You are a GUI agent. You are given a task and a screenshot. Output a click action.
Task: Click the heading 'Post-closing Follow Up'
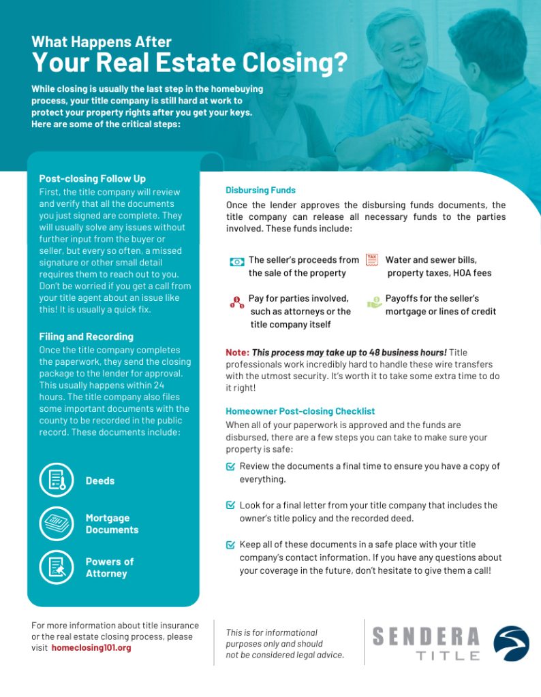tap(92, 179)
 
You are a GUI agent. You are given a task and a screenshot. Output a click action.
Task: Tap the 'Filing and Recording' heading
tap(86, 337)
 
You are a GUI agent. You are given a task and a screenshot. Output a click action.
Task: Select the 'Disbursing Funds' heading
tap(260, 190)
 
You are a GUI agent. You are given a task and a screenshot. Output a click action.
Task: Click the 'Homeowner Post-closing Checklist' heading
tap(300, 411)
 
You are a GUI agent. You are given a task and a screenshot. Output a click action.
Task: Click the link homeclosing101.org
tap(91, 648)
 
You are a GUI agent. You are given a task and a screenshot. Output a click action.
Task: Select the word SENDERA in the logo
tap(426, 637)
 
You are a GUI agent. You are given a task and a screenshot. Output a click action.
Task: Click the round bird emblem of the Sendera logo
tap(511, 643)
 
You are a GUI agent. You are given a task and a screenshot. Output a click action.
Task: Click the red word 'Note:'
tap(237, 353)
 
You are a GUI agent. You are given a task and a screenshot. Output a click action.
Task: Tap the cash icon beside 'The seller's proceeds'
tap(236, 261)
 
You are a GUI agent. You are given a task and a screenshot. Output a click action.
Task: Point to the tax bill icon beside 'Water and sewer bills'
tap(372, 260)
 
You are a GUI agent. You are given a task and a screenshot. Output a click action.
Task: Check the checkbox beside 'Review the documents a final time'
tap(230, 467)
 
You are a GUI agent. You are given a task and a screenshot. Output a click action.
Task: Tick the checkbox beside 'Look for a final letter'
tap(230, 506)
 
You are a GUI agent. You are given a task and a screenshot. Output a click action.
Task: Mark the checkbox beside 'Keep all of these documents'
tap(230, 545)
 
